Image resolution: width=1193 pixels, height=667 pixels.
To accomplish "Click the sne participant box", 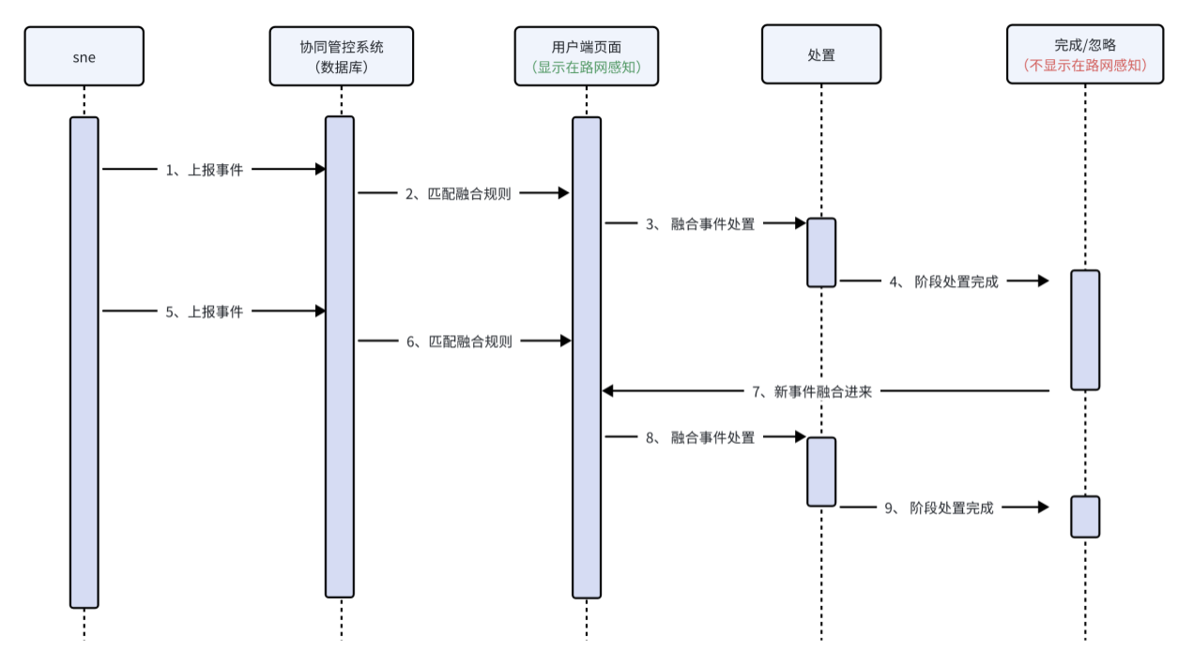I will pos(84,56).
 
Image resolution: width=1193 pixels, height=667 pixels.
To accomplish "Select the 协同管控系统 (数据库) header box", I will pos(342,56).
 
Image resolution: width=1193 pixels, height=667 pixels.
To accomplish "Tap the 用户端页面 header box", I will pos(587,56).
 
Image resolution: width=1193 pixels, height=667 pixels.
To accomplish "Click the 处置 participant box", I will pos(821,56).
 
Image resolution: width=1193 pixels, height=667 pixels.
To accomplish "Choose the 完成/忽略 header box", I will pos(1085,56).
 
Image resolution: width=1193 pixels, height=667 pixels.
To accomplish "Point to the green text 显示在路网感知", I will pos(587,67).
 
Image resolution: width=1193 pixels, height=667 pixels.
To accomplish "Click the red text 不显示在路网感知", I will pos(1085,67).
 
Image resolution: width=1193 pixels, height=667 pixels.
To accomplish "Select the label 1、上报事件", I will pos(205,170).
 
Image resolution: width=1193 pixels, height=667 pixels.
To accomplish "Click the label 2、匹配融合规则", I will pos(458,194).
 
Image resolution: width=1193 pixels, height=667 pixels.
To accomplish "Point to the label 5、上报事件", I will pos(205,311).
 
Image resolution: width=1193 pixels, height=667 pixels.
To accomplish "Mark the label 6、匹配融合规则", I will pos(459,341).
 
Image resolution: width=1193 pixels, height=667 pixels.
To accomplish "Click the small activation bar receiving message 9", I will pos(1085,516).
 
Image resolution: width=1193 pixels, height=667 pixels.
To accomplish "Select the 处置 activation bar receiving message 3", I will pos(821,251).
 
